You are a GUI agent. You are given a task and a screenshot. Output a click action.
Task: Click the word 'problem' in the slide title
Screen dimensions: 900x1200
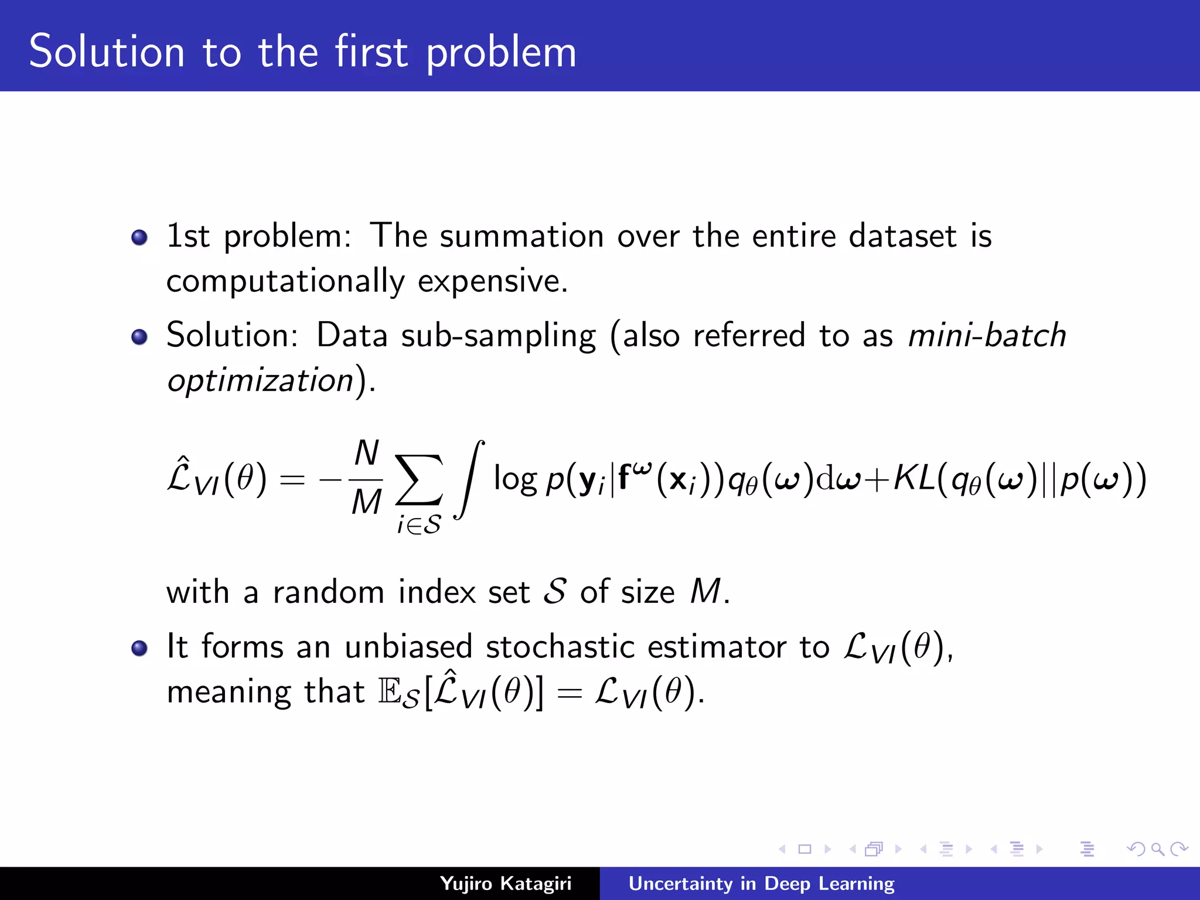pos(501,54)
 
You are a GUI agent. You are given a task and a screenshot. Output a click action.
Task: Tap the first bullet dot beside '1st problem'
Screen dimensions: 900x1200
pos(139,237)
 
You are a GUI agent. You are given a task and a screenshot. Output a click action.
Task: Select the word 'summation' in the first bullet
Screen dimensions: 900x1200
pos(521,236)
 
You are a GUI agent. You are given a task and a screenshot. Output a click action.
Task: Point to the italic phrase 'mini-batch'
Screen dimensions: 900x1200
pos(987,335)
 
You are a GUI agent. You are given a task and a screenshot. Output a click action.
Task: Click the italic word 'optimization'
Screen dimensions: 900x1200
pos(260,381)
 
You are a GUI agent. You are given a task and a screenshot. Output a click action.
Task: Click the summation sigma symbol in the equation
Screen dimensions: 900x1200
pos(418,479)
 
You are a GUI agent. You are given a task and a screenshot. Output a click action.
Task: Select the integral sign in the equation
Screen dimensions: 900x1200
pos(470,479)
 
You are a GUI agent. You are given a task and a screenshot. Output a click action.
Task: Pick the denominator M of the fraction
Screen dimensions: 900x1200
pos(367,503)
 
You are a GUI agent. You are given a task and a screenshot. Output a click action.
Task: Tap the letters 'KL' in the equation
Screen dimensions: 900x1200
pos(914,479)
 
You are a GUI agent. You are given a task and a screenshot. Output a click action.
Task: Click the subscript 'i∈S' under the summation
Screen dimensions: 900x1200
pos(418,524)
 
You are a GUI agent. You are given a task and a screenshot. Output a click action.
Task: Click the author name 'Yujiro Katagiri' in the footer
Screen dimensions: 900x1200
pos(505,883)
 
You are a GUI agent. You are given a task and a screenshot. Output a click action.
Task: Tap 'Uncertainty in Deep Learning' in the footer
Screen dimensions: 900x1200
pos(761,883)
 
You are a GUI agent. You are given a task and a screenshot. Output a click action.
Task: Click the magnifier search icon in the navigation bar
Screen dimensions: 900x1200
pos(1157,849)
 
